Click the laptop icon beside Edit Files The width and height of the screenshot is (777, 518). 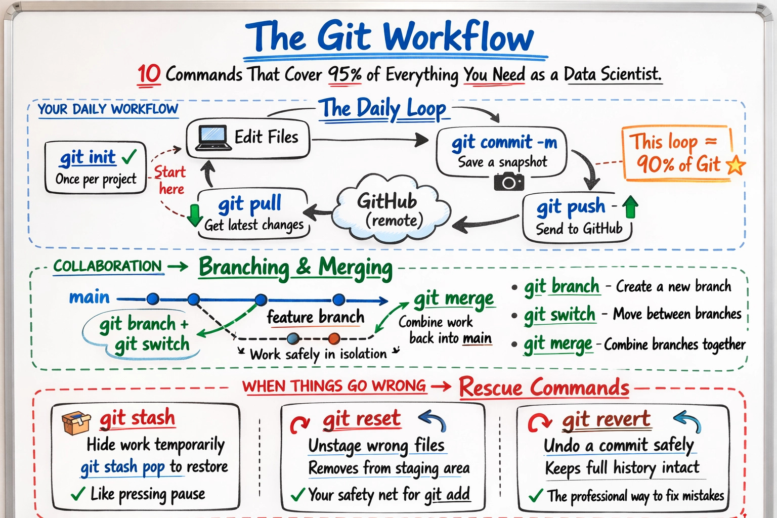tap(211, 138)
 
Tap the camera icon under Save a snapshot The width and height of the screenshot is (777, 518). tap(508, 182)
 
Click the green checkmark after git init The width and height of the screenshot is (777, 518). tap(129, 157)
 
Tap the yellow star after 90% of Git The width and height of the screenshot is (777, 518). tap(736, 165)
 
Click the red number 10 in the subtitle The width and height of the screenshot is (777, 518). tap(149, 74)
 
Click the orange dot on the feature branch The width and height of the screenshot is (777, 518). tap(334, 338)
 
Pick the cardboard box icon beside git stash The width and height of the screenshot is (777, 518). tap(76, 422)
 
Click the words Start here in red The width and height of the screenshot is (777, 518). tap(170, 180)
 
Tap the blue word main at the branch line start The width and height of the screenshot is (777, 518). tap(89, 297)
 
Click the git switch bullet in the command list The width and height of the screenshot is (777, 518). tap(559, 315)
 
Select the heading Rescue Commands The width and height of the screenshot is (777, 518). tap(544, 388)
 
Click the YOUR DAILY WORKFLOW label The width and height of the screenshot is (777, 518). tap(108, 109)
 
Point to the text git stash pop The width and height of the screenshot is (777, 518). tap(123, 467)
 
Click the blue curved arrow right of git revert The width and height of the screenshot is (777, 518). tap(688, 421)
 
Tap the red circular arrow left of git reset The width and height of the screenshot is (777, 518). tap(300, 424)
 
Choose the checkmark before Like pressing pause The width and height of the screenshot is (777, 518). tap(78, 494)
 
